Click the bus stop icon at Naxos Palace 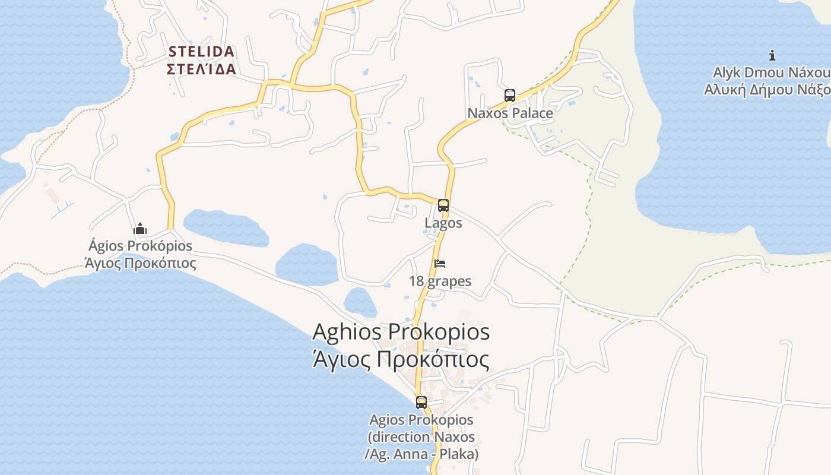[x=509, y=96]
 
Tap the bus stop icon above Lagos [x=443, y=205]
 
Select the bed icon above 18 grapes [x=440, y=264]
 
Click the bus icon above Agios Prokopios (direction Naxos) [x=421, y=402]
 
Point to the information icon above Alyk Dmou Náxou [x=772, y=55]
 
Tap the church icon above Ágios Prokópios [x=140, y=229]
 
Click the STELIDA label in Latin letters [x=201, y=52]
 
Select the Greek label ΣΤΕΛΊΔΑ [x=201, y=69]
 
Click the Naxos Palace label [x=510, y=113]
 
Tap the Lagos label [x=443, y=223]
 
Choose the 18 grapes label [x=440, y=281]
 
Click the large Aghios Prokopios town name [x=401, y=331]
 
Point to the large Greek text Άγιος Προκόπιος [x=401, y=360]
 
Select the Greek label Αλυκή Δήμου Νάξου [x=767, y=90]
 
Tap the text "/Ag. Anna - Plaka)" [x=421, y=454]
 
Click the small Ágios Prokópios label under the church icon [x=140, y=246]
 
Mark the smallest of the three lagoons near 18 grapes [x=360, y=302]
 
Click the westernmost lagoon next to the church [x=226, y=227]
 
